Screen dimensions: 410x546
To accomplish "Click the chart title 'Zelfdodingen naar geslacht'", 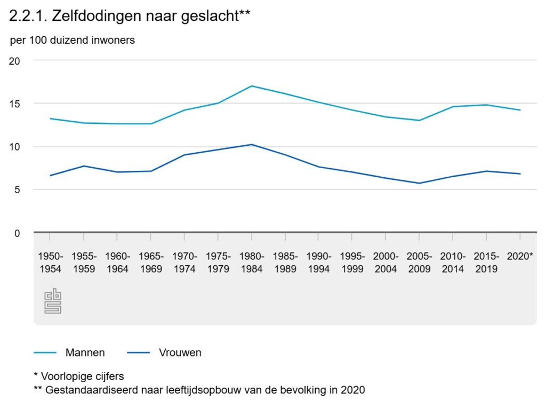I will [130, 16].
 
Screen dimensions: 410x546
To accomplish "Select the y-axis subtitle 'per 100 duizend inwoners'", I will [73, 41].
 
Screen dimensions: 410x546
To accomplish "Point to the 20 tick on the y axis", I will [15, 61].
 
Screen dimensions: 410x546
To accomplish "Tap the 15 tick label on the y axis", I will [15, 104].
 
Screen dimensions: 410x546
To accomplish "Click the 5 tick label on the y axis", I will [17, 190].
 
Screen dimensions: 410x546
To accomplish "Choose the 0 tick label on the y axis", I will [17, 233].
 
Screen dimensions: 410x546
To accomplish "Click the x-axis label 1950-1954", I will [51, 262].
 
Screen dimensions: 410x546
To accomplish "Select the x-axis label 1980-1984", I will [252, 262].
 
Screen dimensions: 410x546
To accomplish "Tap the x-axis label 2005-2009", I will [419, 262].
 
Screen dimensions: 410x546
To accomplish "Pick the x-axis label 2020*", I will [520, 256].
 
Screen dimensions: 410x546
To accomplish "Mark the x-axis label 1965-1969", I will [151, 262].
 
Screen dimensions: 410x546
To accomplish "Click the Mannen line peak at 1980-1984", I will [252, 86].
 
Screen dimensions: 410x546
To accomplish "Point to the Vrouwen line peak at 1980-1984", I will [252, 145].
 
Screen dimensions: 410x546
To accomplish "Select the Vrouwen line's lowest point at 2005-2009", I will [419, 183].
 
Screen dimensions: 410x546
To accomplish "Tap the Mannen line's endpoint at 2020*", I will [520, 110].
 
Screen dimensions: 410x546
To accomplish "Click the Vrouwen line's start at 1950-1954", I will [51, 176].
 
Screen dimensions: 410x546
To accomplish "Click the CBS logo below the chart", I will [53, 301].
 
